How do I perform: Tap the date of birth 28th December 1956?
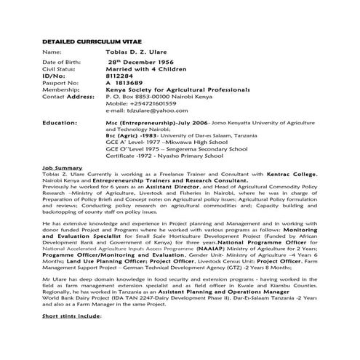(142, 64)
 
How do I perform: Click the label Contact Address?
(68, 96)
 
